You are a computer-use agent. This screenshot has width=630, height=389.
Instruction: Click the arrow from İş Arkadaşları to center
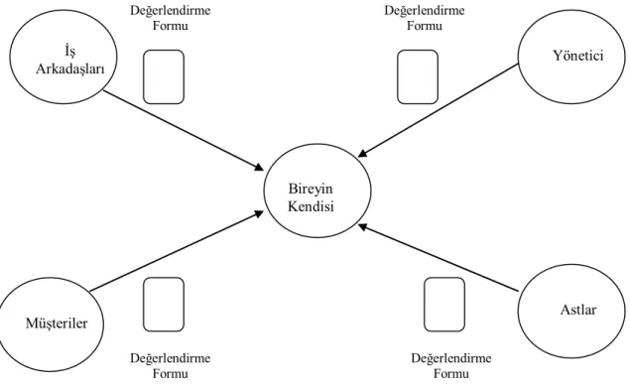tap(184, 130)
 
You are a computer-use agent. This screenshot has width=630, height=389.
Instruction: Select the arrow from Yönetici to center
tap(438, 110)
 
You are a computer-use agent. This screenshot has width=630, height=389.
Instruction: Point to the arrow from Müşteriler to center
tap(177, 251)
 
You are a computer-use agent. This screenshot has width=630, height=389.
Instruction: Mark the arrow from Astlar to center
tap(438, 258)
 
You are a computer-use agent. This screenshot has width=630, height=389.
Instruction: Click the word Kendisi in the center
tap(311, 206)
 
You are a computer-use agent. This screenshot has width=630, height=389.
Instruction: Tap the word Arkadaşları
tap(70, 69)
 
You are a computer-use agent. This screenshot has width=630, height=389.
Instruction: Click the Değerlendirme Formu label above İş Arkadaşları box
tap(170, 18)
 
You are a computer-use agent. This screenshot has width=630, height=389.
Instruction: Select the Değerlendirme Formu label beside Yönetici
tap(425, 18)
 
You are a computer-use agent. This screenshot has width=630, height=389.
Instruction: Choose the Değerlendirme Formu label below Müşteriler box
tap(170, 366)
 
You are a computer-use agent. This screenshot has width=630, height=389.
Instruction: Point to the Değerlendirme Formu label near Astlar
tap(450, 366)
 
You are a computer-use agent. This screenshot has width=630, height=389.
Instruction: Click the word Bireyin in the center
tap(311, 189)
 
